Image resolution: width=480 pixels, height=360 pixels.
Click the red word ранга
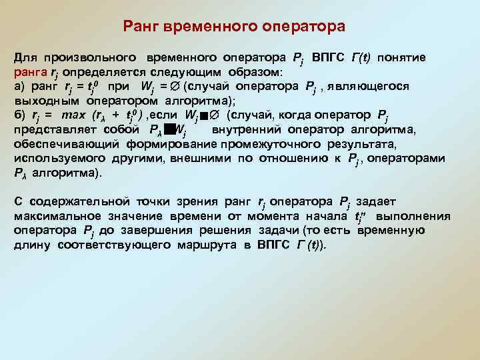(x=30, y=72)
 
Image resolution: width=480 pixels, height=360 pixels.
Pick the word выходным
(x=41, y=101)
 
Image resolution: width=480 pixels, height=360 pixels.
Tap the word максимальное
(x=57, y=216)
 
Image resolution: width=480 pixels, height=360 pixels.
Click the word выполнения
(x=413, y=216)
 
